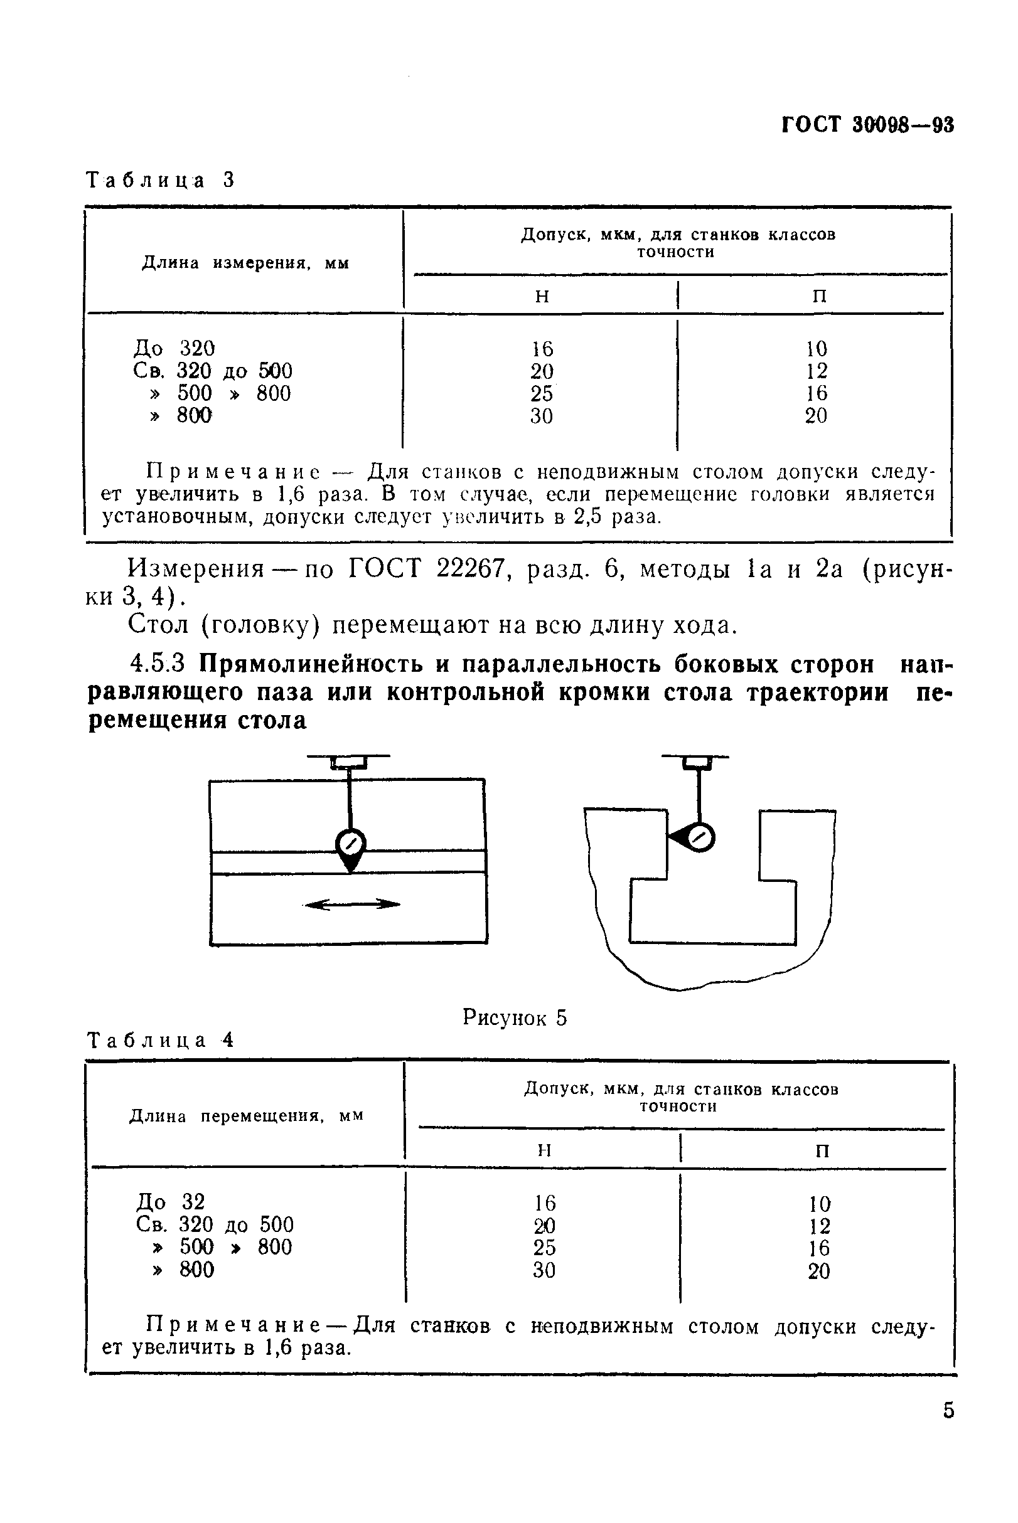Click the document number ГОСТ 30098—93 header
click(867, 125)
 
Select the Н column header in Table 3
click(542, 297)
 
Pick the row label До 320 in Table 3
click(174, 349)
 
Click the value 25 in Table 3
click(542, 393)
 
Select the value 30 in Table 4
click(544, 1270)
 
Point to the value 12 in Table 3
click(817, 371)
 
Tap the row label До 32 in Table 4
click(171, 1202)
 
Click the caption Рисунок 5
click(514, 1017)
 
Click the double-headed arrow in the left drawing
click(352, 904)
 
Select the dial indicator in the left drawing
click(351, 845)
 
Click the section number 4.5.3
click(158, 663)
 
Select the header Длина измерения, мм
click(245, 263)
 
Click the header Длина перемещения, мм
click(247, 1116)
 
